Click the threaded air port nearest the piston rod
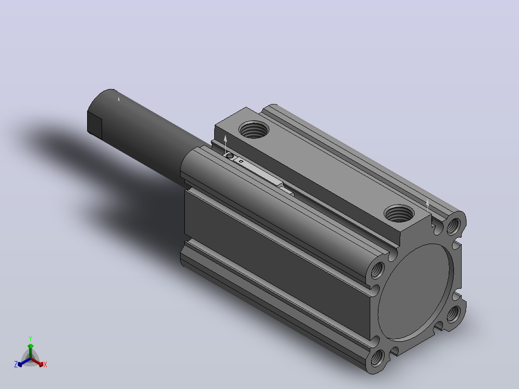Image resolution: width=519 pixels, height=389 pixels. pyautogui.click(x=254, y=130)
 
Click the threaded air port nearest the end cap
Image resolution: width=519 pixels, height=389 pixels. pyautogui.click(x=399, y=213)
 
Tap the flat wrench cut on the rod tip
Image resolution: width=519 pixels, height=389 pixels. pyautogui.click(x=95, y=125)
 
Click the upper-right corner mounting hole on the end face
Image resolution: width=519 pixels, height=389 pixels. pyautogui.click(x=454, y=226)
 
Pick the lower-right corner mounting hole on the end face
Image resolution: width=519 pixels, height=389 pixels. pyautogui.click(x=453, y=314)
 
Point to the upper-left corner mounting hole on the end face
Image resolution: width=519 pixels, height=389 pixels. pyautogui.click(x=377, y=270)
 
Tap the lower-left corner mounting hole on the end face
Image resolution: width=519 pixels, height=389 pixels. pyautogui.click(x=377, y=358)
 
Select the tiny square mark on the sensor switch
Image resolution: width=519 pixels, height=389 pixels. pyautogui.click(x=241, y=162)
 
